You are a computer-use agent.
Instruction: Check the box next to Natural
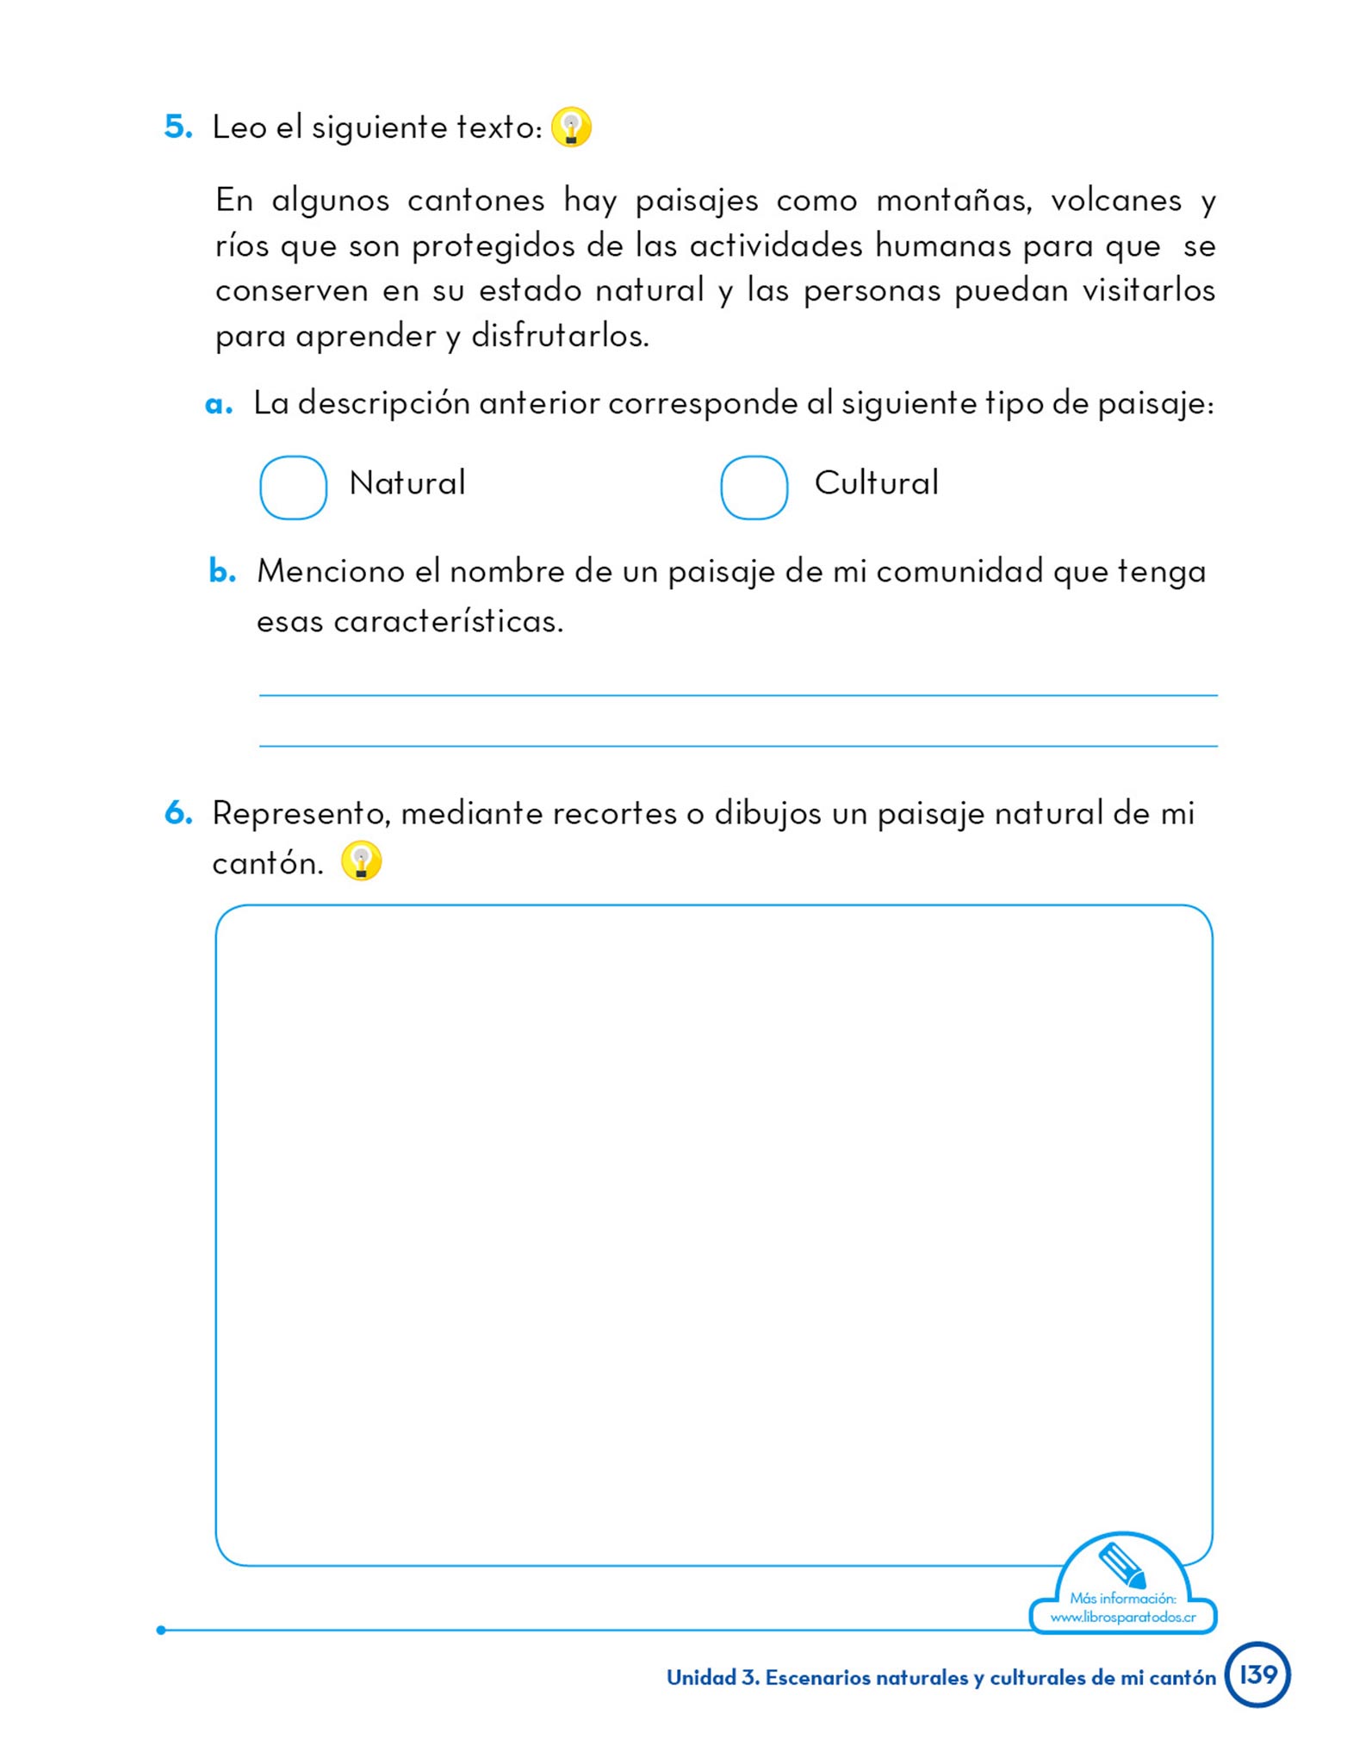pos(293,488)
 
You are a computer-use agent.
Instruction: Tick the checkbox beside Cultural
pos(754,488)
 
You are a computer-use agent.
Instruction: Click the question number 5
pos(178,127)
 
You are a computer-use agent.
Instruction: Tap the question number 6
pos(178,813)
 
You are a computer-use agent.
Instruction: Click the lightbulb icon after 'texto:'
pos(571,127)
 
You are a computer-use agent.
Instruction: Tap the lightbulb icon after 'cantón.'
pos(361,860)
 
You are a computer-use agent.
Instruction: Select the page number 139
pos(1257,1674)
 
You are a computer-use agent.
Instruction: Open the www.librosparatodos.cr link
pos(1123,1617)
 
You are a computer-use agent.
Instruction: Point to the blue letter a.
pos(219,405)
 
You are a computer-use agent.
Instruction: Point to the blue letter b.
pos(222,571)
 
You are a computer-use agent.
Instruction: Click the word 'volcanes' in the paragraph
pos(1116,202)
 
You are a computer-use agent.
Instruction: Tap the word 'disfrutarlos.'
pos(560,336)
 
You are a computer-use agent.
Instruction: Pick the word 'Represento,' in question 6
pos(301,814)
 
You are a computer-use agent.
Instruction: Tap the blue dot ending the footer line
pos(161,1630)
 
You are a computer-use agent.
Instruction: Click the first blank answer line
pos(738,693)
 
